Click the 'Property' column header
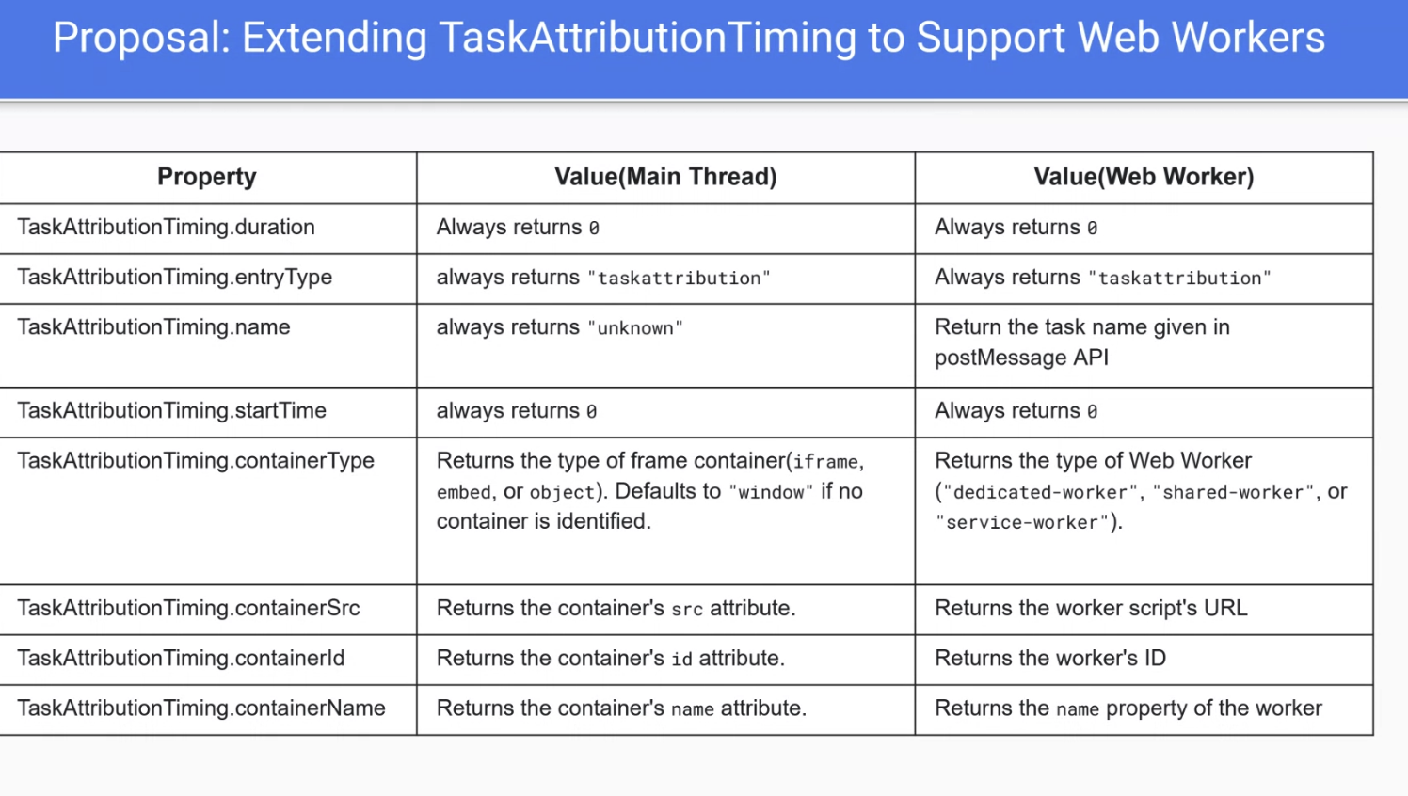pos(207,177)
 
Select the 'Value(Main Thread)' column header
pos(665,177)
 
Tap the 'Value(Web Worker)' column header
pos(1144,177)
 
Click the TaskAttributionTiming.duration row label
pos(166,227)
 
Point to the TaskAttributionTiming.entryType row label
pos(175,278)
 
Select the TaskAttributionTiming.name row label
pos(153,327)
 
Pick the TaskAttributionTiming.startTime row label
pos(171,411)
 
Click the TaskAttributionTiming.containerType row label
pos(196,461)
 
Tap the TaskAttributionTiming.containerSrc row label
pos(188,608)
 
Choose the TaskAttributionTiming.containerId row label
pos(181,659)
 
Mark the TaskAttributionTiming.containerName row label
pos(201,708)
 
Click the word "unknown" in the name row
pos(635,328)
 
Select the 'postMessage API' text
pos(1021,358)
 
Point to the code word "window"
pos(771,492)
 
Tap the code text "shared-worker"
pos(1233,492)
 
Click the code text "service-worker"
pos(1021,523)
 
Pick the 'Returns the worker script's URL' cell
pos(1091,608)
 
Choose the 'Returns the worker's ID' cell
pos(1050,659)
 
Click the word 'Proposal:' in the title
pos(142,38)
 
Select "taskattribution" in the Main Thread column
pos(679,279)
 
